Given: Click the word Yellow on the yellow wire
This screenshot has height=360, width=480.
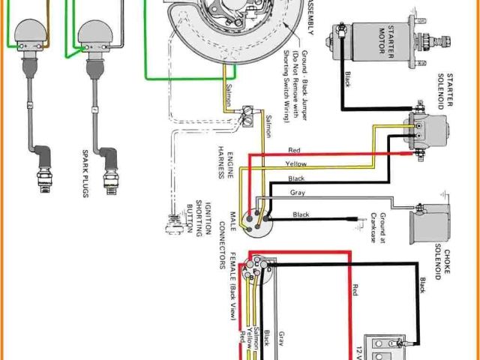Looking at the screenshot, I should pyautogui.click(x=296, y=163).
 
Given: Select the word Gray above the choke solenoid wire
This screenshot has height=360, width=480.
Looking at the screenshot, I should pyautogui.click(x=296, y=193).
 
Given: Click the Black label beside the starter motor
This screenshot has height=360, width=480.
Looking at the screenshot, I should pyautogui.click(x=346, y=78).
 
